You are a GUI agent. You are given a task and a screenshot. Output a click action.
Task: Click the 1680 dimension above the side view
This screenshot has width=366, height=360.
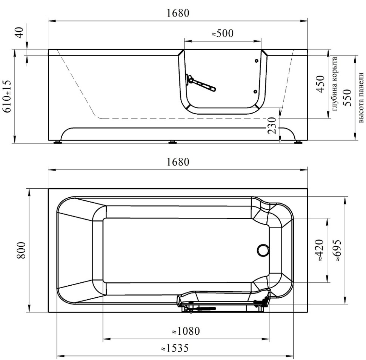(x=178, y=13)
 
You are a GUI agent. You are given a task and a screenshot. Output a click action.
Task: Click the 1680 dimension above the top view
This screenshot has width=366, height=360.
(x=178, y=162)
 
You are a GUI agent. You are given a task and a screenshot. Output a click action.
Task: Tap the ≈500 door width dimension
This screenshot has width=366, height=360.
(x=223, y=33)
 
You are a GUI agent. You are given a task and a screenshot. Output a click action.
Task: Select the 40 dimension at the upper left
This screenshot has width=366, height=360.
(x=20, y=32)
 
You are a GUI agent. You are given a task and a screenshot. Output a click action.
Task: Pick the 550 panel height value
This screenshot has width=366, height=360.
(x=348, y=97)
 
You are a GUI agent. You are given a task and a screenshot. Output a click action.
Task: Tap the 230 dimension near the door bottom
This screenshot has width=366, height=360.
(x=272, y=125)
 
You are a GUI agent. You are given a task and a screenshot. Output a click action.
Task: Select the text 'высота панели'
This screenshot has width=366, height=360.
(x=361, y=98)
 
